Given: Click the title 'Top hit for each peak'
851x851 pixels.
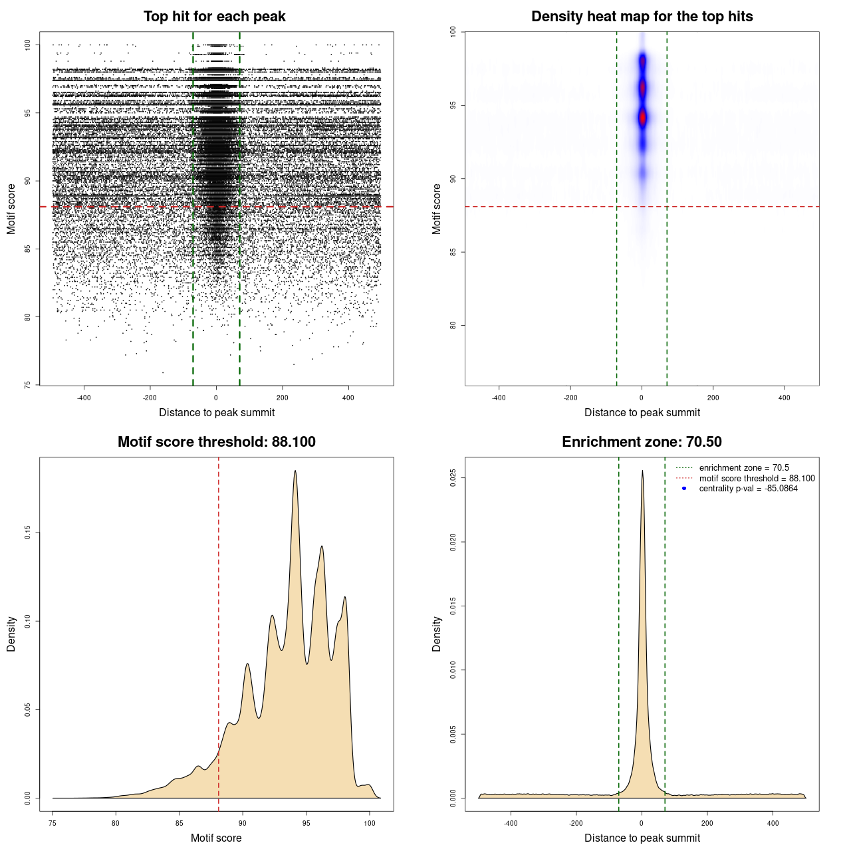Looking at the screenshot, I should tap(214, 17).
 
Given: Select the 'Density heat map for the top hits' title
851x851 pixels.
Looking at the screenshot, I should tap(642, 17).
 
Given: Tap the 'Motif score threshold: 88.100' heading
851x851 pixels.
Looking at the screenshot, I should tap(216, 442).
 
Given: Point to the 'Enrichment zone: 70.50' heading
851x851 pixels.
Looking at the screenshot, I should tap(642, 442).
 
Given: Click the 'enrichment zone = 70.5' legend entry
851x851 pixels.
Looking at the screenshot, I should tap(743, 468).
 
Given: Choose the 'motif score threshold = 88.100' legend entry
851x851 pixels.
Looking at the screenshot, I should tap(757, 478).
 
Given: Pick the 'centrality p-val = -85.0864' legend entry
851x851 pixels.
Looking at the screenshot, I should tap(748, 489).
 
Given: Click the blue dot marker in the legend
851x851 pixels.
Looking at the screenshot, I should tap(684, 489).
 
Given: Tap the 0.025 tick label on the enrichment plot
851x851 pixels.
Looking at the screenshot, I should tap(453, 478).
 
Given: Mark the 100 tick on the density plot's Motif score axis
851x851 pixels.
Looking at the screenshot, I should tap(370, 823).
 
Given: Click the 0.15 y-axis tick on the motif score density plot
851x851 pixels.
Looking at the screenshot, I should tap(27, 533).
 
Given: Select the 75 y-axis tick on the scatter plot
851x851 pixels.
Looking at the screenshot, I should tap(27, 385).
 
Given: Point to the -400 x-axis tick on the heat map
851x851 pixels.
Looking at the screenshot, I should tap(499, 398).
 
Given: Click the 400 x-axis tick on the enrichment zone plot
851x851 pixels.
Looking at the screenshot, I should tap(773, 823).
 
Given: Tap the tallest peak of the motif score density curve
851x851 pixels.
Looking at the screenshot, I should tap(295, 471).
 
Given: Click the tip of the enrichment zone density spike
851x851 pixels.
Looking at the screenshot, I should tap(642, 471).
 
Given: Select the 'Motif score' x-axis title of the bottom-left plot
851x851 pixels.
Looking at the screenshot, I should tap(216, 838).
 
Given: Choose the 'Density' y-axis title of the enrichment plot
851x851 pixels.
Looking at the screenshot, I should tap(437, 634).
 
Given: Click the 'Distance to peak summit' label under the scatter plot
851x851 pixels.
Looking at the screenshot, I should tap(217, 412).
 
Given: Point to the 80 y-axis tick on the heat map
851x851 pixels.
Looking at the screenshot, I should tap(453, 325).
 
